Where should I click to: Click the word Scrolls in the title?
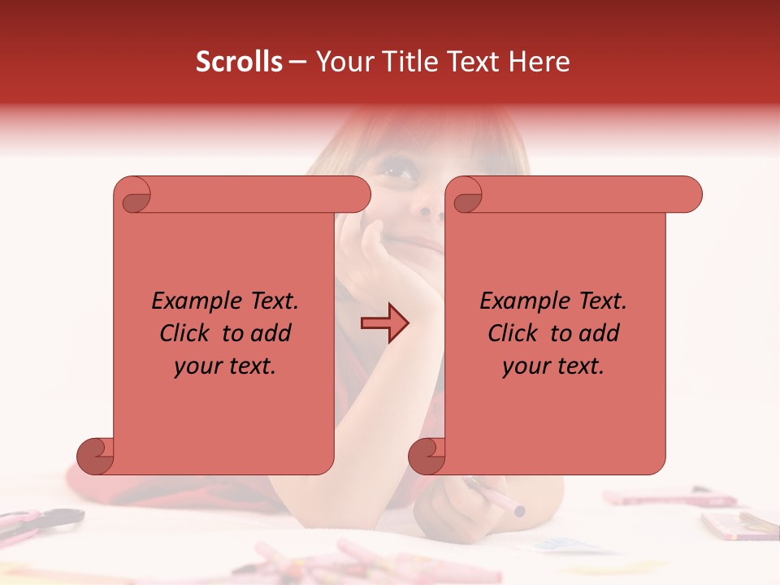(x=240, y=62)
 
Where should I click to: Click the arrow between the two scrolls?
(x=385, y=323)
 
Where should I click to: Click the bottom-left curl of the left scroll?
(x=96, y=457)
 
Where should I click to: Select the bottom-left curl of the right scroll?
(x=427, y=457)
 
